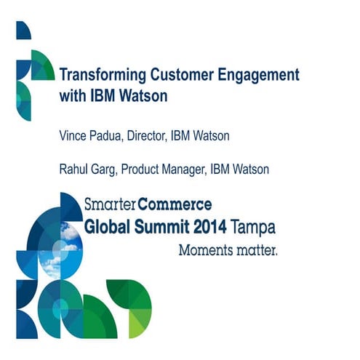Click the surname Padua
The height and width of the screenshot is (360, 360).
click(108, 135)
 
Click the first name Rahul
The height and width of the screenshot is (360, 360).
click(73, 169)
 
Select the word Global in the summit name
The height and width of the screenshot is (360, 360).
click(108, 227)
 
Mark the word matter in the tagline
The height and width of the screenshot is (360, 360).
click(254, 250)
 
